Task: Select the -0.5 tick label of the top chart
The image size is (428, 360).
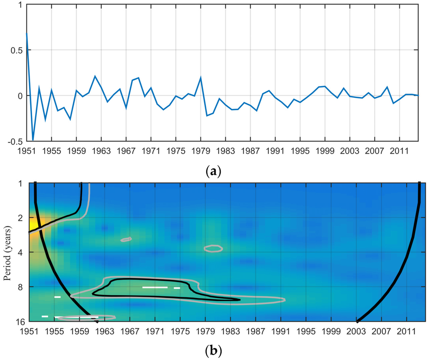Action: click(x=15, y=142)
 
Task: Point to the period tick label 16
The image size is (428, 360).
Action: click(x=20, y=322)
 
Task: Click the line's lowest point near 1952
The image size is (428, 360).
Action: click(x=33, y=140)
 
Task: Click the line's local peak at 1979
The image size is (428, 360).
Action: click(x=201, y=77)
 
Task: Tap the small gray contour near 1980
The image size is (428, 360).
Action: click(x=213, y=248)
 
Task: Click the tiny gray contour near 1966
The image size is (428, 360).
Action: click(x=126, y=239)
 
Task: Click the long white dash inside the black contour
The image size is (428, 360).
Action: click(x=155, y=287)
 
